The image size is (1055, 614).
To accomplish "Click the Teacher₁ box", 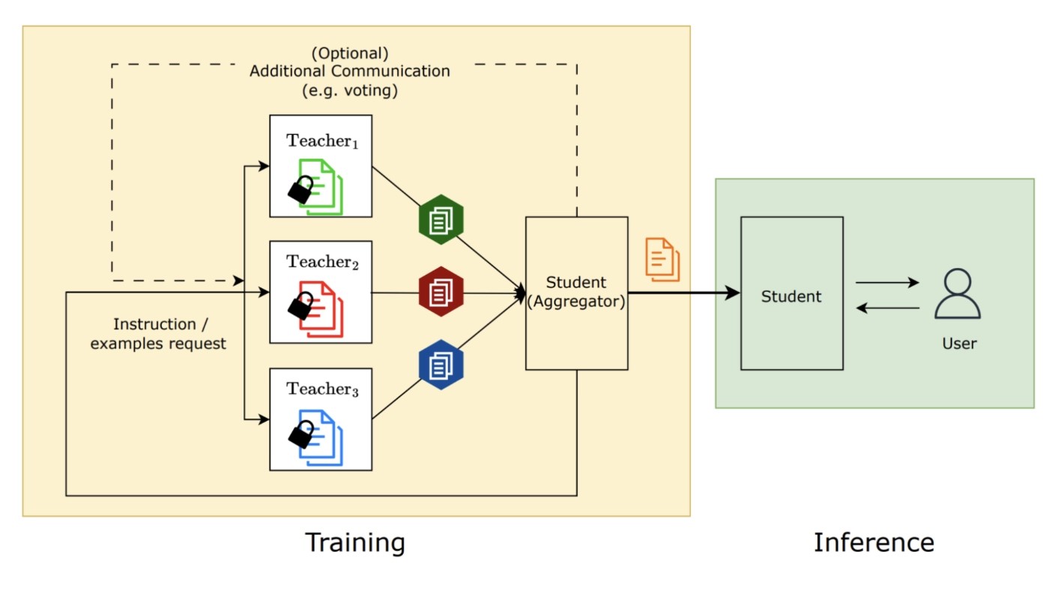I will pyautogui.click(x=321, y=165).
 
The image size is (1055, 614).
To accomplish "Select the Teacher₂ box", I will pyautogui.click(x=321, y=292).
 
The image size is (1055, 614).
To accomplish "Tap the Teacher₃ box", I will pyautogui.click(x=321, y=419).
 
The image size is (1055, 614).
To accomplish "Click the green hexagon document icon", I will pyautogui.click(x=441, y=219).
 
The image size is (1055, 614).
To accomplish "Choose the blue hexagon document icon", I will pyautogui.click(x=441, y=365).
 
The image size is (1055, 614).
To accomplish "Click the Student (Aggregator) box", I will pyautogui.click(x=576, y=293).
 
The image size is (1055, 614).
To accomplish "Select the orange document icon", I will pyautogui.click(x=662, y=259).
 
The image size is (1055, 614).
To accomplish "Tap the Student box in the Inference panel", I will pyautogui.click(x=791, y=293).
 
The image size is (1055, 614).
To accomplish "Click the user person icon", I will pyautogui.click(x=957, y=294).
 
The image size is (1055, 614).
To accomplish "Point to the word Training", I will pyautogui.click(x=354, y=542).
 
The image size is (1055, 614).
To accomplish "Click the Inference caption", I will pyautogui.click(x=874, y=542).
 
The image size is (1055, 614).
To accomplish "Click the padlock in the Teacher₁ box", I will pyautogui.click(x=300, y=190).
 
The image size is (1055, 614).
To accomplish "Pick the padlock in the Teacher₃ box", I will pyautogui.click(x=301, y=434).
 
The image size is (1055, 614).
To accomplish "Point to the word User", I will pyautogui.click(x=959, y=344).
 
